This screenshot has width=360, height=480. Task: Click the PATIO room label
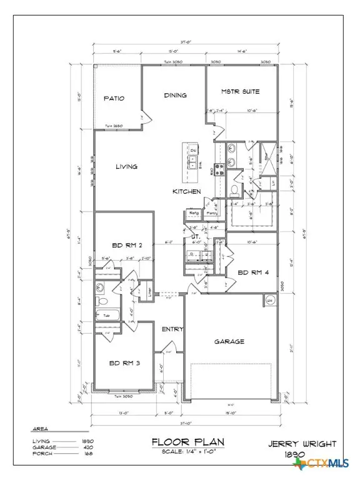[114, 99]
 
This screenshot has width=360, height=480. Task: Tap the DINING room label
[175, 95]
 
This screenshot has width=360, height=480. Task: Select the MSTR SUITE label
[240, 92]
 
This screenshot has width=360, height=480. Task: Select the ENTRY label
[171, 329]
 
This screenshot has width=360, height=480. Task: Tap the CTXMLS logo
[327, 464]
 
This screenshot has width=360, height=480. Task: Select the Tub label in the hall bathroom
[107, 316]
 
